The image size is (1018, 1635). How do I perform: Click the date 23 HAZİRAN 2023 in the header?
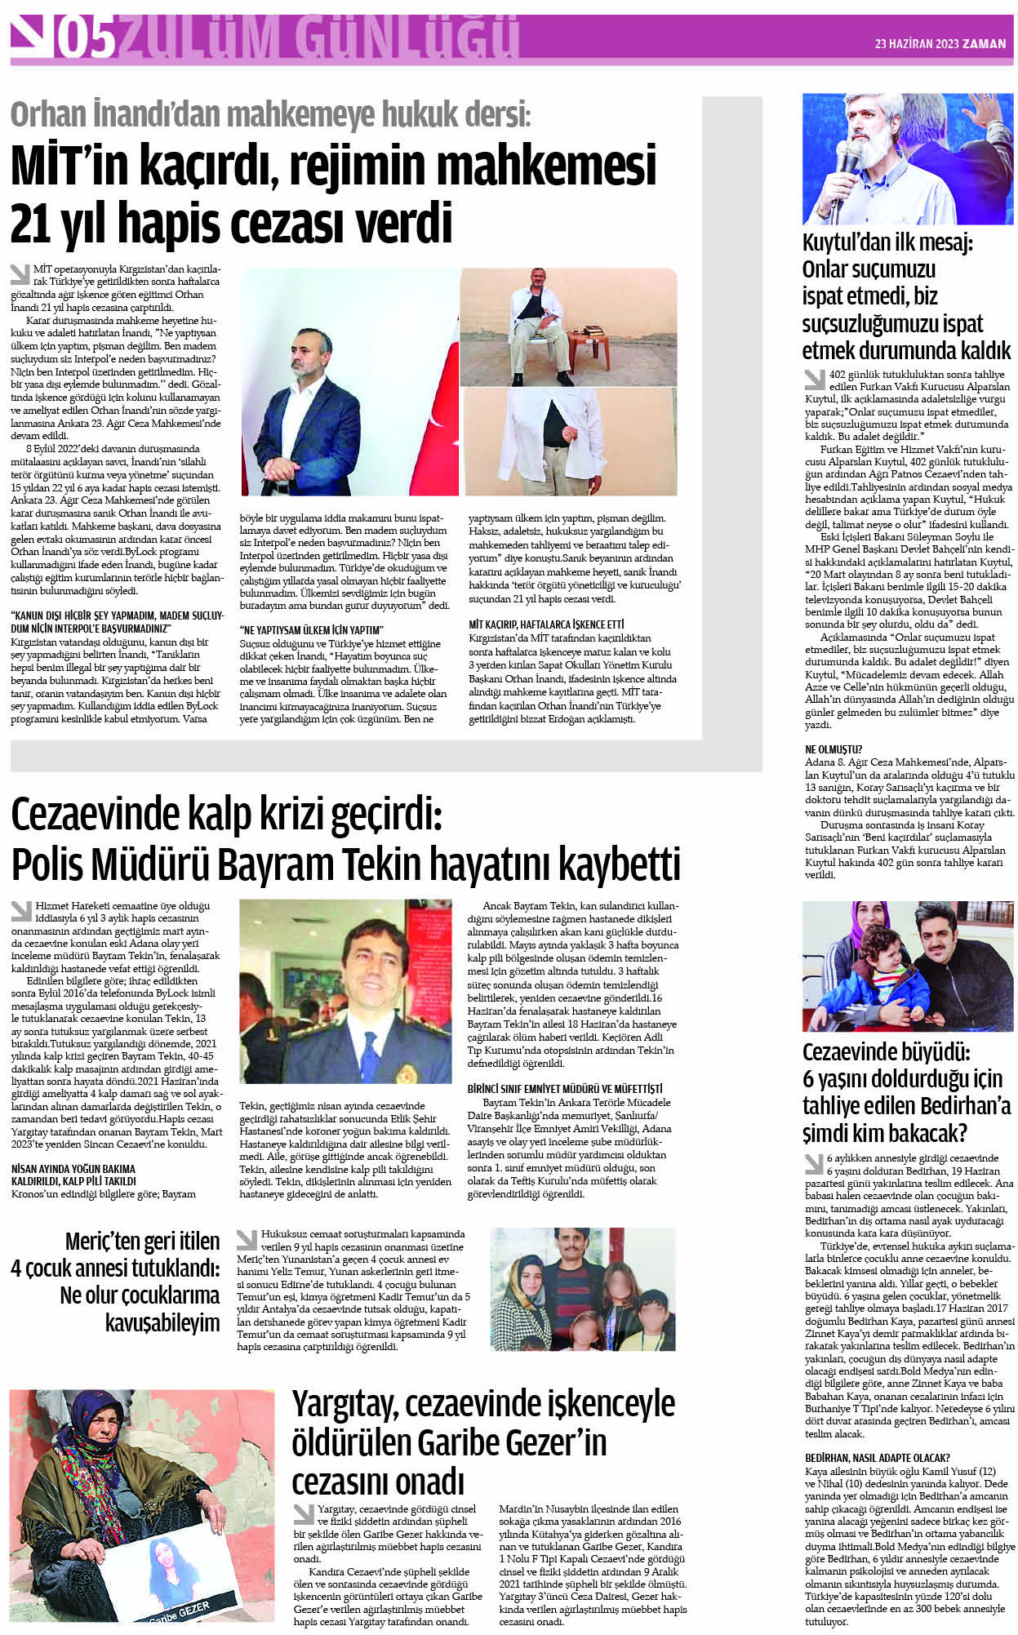[x=915, y=44]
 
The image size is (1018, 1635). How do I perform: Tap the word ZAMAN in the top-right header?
[x=984, y=44]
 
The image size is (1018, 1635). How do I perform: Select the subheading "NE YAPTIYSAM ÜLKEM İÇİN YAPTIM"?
[x=311, y=630]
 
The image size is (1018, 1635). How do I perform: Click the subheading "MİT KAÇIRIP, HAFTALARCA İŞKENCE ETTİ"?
[x=546, y=624]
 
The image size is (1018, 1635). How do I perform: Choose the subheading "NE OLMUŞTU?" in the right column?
[x=834, y=749]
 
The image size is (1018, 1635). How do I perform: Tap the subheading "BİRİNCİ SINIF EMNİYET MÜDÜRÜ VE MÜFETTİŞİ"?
[x=565, y=1089]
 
